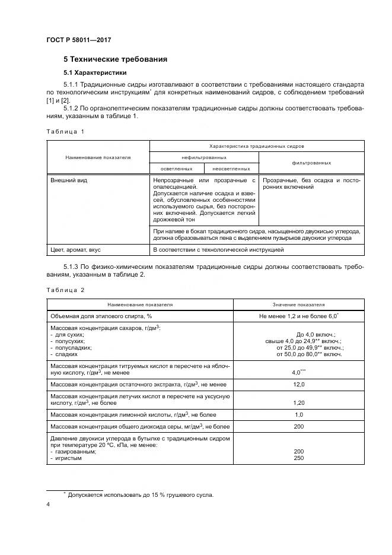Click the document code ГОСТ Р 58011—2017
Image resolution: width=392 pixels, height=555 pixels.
pos(78,40)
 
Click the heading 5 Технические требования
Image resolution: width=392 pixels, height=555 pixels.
pos(115,59)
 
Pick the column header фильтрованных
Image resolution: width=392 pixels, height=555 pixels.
pos(311,162)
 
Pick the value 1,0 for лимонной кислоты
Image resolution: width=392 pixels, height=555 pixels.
pos(298,414)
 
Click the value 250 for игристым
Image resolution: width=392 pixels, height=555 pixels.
pos(298,457)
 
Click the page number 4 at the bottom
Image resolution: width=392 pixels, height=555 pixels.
pos(48,505)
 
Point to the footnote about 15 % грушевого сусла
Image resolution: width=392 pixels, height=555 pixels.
pos(140,494)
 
